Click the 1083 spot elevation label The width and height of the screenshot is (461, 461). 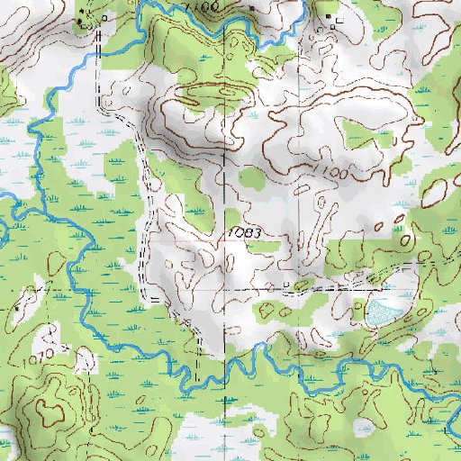tap(244, 233)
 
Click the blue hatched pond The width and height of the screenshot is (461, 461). tap(382, 312)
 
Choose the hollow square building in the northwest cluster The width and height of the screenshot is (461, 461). tap(109, 18)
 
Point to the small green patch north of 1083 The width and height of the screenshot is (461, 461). tap(253, 179)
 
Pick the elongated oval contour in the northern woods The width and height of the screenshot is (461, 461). tap(207, 90)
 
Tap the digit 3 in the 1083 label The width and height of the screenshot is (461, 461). tap(258, 233)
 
